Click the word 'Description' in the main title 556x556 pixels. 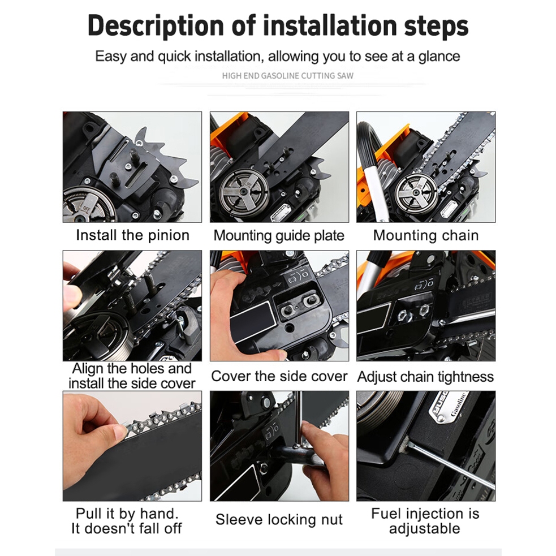coord(156,26)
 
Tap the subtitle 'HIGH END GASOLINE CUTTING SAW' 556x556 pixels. coord(287,76)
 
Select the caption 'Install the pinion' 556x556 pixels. coord(132,235)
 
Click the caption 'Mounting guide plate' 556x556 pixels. coord(279,236)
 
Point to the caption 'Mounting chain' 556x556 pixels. coord(425,235)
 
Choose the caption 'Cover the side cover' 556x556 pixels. coord(279,376)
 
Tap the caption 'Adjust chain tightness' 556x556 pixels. coord(425,377)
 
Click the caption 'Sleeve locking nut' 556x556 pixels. coord(279,519)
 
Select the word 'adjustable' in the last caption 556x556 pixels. coord(424,529)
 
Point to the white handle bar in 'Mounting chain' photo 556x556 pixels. coord(373,192)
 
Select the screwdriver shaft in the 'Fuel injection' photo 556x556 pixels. coord(450,465)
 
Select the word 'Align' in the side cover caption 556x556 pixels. coord(88,369)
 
